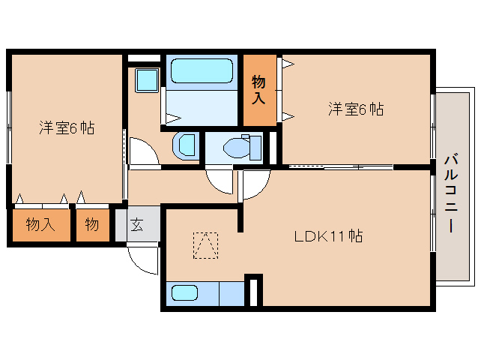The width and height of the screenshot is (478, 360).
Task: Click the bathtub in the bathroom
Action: [201, 71]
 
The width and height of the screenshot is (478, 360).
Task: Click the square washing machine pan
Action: [146, 80]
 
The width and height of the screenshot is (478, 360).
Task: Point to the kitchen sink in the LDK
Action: [184, 293]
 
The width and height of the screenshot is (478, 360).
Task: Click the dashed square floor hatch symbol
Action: [205, 245]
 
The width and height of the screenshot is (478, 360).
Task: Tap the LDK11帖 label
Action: [327, 237]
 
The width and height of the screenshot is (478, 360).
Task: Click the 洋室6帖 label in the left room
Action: [67, 127]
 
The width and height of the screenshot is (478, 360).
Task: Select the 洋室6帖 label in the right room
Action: [355, 109]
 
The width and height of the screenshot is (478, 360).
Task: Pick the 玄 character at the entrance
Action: [138, 224]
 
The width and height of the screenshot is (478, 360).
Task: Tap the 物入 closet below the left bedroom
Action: [40, 224]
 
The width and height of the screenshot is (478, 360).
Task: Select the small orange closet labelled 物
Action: [91, 224]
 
